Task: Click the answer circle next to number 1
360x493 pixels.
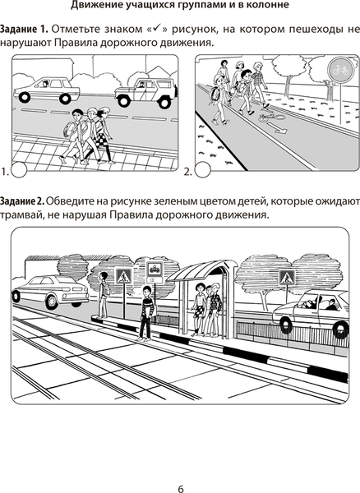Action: (19, 170)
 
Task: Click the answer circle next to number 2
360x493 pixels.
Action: (202, 170)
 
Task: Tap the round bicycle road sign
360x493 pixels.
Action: (340, 71)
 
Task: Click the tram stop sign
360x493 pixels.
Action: (155, 270)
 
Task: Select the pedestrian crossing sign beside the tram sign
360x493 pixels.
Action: (124, 276)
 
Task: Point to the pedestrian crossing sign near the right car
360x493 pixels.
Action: (288, 278)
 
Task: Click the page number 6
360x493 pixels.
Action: (181, 489)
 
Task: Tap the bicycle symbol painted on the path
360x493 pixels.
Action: (271, 117)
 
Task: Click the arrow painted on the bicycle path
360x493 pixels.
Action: (277, 127)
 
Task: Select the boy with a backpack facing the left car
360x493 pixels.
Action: (103, 295)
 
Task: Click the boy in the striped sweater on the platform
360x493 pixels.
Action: (146, 313)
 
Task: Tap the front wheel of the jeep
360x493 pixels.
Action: (123, 100)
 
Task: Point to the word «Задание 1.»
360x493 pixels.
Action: (24, 30)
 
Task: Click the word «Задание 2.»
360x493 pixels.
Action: (23, 201)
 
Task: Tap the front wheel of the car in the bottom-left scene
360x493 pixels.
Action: (52, 301)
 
